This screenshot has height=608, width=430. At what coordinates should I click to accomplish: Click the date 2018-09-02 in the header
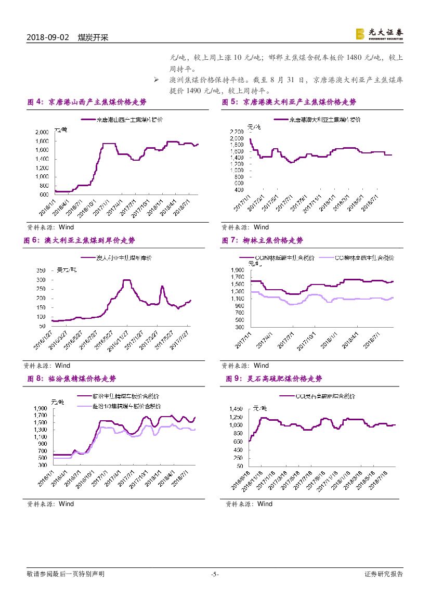click(47, 38)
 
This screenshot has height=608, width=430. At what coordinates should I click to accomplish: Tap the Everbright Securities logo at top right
click(379, 34)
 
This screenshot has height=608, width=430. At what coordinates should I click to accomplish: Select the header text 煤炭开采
click(93, 38)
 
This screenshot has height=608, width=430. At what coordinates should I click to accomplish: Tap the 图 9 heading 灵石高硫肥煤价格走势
click(281, 379)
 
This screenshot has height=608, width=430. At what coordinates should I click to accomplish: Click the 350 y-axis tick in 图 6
click(40, 270)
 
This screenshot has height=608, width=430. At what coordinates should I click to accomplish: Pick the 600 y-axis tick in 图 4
click(43, 195)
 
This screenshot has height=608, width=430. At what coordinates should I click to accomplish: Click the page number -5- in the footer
click(215, 574)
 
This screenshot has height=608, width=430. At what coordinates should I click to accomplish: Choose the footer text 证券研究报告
click(384, 574)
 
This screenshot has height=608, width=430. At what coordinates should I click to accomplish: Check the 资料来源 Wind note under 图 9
click(249, 503)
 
